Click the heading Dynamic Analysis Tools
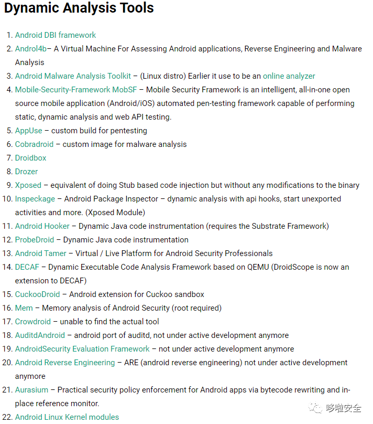(x=79, y=8)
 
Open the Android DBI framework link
(x=56, y=35)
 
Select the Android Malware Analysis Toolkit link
(x=73, y=76)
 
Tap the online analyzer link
(x=289, y=76)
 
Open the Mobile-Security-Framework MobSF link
(x=76, y=90)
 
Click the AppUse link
(x=28, y=131)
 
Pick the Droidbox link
(x=30, y=158)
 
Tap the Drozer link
(x=26, y=172)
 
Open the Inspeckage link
(x=35, y=199)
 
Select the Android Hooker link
(x=42, y=226)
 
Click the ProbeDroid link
(x=35, y=240)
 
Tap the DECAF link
(x=27, y=267)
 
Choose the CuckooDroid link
(x=37, y=294)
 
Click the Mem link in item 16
(x=24, y=308)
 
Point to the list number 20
(x=7, y=363)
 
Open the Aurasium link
(x=31, y=390)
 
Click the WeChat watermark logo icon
(x=316, y=408)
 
